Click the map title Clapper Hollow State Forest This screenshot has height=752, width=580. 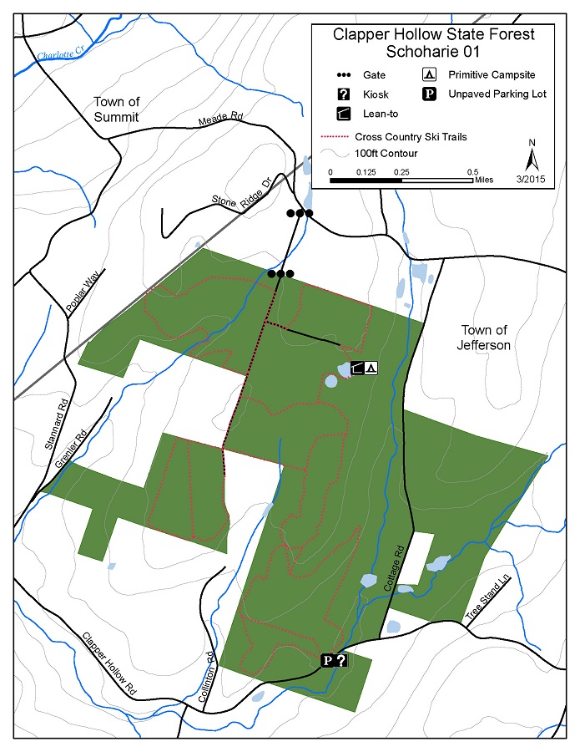click(433, 34)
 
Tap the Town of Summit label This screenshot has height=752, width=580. click(115, 109)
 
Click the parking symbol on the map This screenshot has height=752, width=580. click(329, 660)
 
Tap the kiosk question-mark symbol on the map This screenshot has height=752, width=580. click(341, 660)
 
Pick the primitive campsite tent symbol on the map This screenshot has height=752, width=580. click(371, 367)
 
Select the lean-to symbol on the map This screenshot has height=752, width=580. click(358, 367)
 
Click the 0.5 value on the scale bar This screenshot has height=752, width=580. click(472, 171)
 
